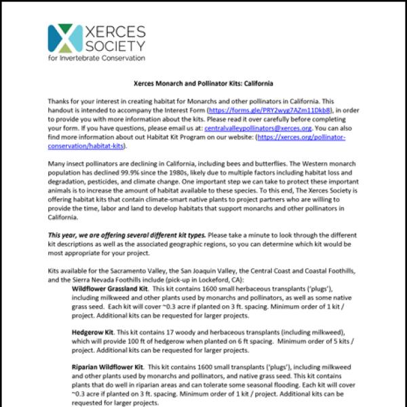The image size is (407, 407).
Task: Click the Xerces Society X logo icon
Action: tap(64, 38)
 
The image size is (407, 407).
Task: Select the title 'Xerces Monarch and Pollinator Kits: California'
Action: tap(203, 84)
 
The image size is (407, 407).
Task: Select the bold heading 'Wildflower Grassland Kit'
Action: tap(109, 288)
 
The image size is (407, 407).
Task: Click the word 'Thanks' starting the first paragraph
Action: tap(59, 100)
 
